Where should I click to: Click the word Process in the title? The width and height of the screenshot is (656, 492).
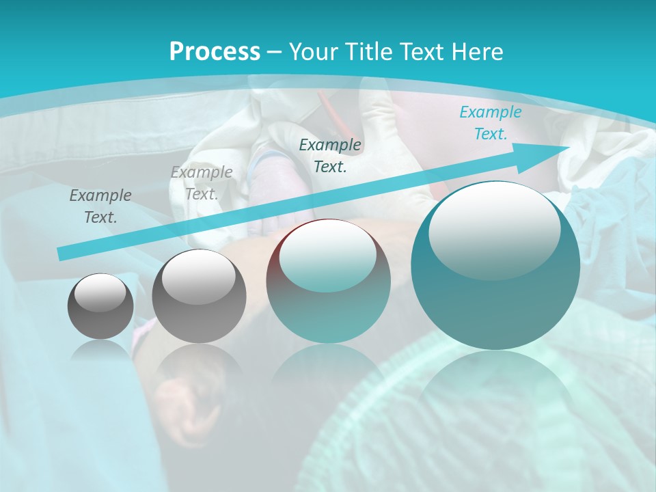[215, 52]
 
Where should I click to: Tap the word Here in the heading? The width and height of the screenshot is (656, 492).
[477, 52]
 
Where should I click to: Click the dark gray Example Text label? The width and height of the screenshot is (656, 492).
[100, 206]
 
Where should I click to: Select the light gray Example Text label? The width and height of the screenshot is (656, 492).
[202, 183]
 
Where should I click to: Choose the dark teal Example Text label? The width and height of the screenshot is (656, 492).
[330, 156]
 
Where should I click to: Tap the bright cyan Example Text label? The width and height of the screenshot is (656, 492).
[490, 123]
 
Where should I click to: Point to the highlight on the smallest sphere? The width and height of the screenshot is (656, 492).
[100, 294]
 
